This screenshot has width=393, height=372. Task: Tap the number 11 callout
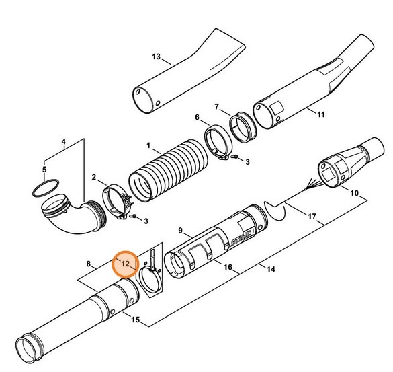pyautogui.click(x=320, y=115)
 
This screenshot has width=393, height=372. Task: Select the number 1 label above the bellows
pyautogui.click(x=149, y=145)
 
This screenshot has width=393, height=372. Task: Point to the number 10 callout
pyautogui.click(x=353, y=194)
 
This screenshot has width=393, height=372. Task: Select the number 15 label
pyautogui.click(x=137, y=321)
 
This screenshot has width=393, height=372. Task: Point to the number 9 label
pyautogui.click(x=181, y=231)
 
